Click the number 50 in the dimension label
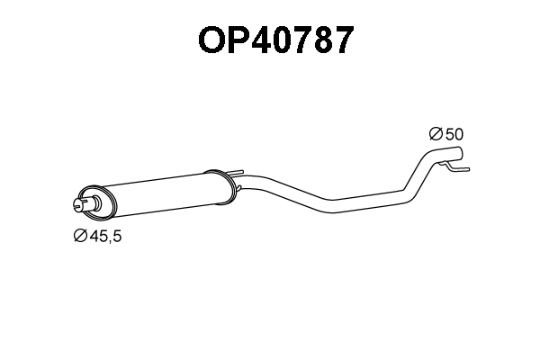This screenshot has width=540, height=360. tap(454, 134)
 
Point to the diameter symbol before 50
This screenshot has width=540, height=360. tap(436, 134)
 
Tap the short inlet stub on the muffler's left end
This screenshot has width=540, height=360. tap(82, 204)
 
